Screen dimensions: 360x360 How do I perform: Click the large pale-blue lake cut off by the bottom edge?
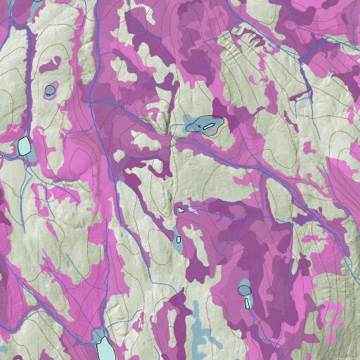click(105, 348)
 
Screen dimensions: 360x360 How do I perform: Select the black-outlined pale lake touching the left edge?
click(25, 146)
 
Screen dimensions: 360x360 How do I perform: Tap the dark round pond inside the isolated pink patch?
click(50, 90)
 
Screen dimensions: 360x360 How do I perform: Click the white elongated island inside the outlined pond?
click(208, 126)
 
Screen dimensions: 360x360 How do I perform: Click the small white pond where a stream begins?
click(181, 209)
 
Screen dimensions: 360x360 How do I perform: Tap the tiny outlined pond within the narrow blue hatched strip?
click(179, 239)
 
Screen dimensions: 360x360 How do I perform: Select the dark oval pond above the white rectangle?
click(244, 289)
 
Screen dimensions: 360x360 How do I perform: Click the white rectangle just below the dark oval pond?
click(247, 302)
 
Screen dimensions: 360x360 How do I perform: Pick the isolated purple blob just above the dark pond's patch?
click(49, 67)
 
